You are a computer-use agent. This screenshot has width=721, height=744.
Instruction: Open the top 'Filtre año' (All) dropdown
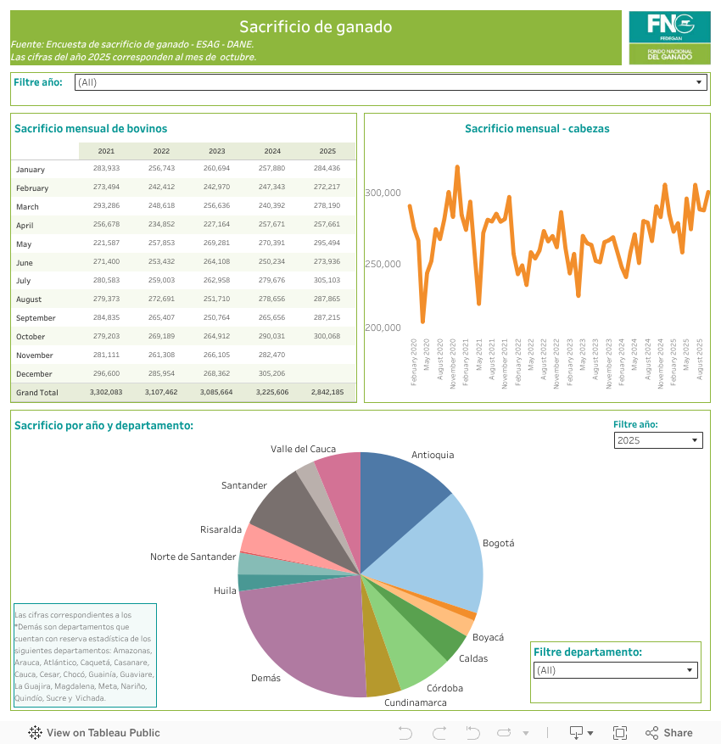click(391, 82)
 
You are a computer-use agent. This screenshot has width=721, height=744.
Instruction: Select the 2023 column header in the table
click(216, 151)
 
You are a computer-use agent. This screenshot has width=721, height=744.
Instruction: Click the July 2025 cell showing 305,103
click(327, 280)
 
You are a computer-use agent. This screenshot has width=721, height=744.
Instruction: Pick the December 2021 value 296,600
click(106, 373)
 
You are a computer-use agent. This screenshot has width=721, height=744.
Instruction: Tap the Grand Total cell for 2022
click(161, 393)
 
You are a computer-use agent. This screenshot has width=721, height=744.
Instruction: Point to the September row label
click(36, 318)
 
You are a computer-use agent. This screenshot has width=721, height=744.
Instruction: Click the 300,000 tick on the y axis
click(383, 193)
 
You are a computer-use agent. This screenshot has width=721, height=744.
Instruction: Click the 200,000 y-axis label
click(383, 327)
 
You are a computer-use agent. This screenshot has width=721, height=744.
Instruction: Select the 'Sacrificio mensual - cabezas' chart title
click(537, 129)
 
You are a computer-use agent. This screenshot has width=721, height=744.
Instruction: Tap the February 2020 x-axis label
click(414, 363)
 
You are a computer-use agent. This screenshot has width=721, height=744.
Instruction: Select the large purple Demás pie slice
click(305, 636)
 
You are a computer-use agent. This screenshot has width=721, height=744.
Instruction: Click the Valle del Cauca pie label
click(303, 449)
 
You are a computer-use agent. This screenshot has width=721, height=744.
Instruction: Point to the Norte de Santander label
click(193, 557)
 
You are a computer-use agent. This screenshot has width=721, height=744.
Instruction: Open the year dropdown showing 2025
click(658, 440)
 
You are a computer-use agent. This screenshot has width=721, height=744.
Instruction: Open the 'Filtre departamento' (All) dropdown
click(615, 670)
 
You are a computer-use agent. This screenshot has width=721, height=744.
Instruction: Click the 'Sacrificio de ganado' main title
click(316, 27)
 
